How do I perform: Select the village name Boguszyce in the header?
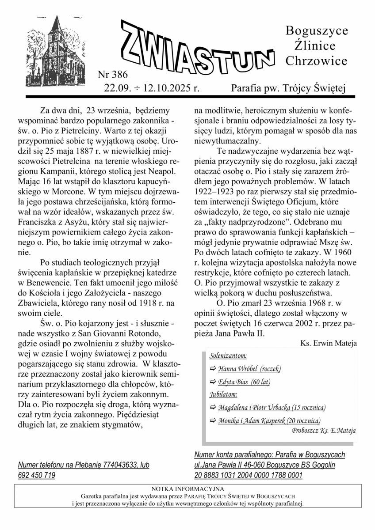pos(317,31)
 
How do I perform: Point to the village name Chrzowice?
pos(316,60)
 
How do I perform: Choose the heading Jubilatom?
pos(223,394)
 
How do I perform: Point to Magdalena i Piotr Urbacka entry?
pos(272,407)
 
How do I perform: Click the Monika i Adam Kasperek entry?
pos(269,420)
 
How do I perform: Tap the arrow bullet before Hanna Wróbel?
pos(213,368)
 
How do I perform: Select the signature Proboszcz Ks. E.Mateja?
pos(324,430)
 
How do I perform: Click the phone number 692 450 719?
pos(37,475)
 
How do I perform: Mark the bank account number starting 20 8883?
pos(248,475)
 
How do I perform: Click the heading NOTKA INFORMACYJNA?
pos(187,489)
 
